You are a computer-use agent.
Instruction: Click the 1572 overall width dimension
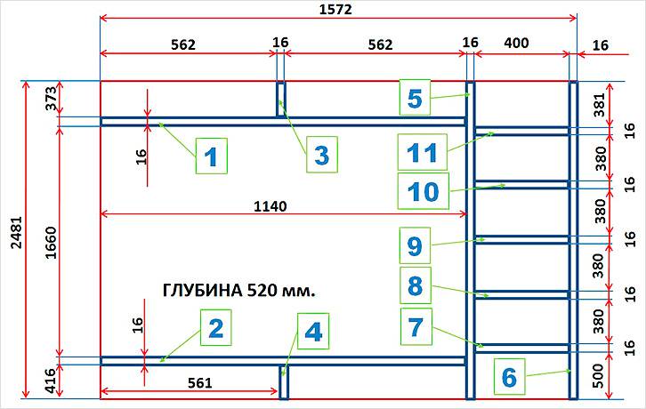(x=335, y=10)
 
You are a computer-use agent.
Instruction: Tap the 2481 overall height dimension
(x=16, y=232)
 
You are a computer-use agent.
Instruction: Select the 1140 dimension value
(x=270, y=206)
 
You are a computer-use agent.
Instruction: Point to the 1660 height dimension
(x=50, y=242)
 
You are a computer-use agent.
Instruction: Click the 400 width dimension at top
(x=516, y=43)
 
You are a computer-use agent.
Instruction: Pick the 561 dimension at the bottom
(x=200, y=383)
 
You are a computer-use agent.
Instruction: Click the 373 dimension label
(x=51, y=99)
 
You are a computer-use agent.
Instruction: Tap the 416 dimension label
(x=50, y=381)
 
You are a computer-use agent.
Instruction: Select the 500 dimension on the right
(x=600, y=376)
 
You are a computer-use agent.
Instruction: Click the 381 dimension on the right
(x=600, y=105)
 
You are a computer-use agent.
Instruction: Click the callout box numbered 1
(x=212, y=156)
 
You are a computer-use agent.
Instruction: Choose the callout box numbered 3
(x=322, y=155)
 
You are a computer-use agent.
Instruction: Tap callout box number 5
(x=415, y=98)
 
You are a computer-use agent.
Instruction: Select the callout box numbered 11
(x=423, y=152)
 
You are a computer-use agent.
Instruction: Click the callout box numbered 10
(x=424, y=191)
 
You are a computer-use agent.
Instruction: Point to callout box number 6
(x=509, y=376)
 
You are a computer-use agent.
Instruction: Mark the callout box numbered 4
(x=313, y=331)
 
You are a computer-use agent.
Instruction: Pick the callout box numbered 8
(x=416, y=285)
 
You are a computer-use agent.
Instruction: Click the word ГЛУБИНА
(x=202, y=291)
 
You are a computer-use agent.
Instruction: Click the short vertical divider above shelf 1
(x=280, y=100)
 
